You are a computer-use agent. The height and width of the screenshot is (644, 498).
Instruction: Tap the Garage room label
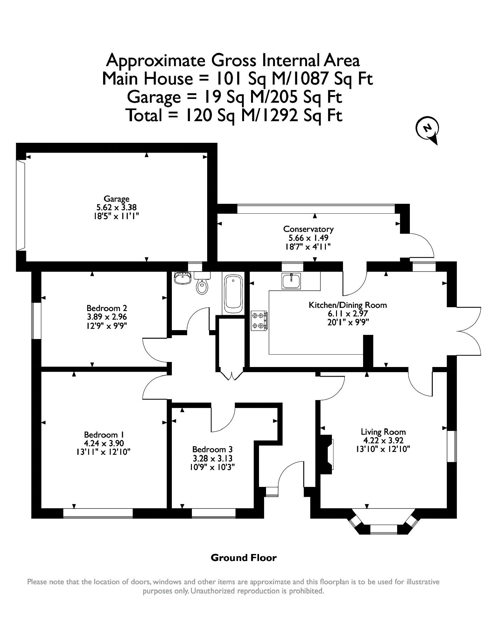(116, 199)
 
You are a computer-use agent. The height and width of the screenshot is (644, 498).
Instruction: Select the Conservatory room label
(308, 229)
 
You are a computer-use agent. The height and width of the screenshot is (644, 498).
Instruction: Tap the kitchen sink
(291, 281)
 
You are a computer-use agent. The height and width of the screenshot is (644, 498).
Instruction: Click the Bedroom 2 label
(107, 308)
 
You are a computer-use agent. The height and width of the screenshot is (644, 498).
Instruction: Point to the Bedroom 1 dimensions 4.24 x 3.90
(104, 443)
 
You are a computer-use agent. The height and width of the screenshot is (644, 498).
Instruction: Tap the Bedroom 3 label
(213, 449)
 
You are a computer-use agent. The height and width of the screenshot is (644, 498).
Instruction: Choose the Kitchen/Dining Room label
(348, 305)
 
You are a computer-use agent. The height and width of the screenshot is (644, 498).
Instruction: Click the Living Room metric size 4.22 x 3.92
(383, 440)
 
